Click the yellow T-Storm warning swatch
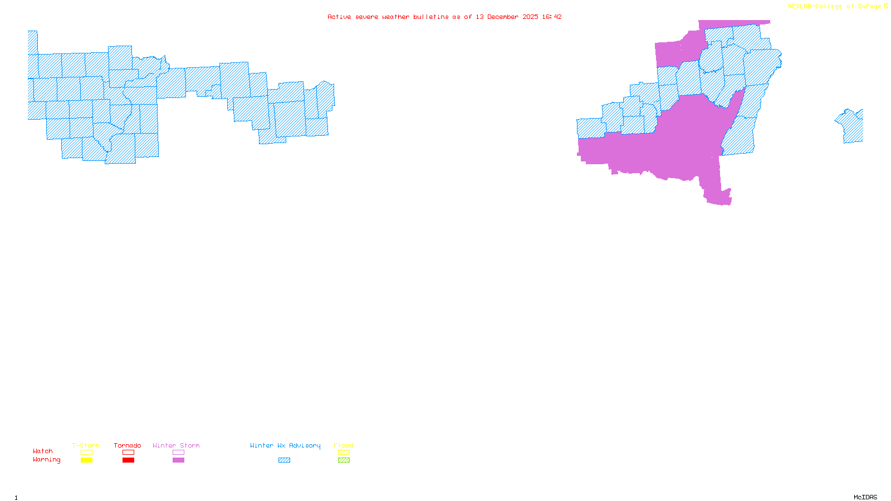[x=86, y=460]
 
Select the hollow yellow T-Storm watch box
[x=86, y=453]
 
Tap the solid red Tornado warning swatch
[x=128, y=460]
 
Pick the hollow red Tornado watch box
[x=128, y=453]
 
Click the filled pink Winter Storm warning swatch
[x=178, y=460]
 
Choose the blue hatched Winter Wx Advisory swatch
[x=284, y=460]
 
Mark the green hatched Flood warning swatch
[x=344, y=460]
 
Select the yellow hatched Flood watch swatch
[x=344, y=453]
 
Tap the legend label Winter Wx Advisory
[x=285, y=445]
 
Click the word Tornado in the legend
[x=128, y=445]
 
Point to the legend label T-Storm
[x=86, y=445]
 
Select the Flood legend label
[x=344, y=445]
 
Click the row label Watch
[x=43, y=451]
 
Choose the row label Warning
[x=47, y=460]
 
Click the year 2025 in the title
[x=530, y=17]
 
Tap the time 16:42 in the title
[x=552, y=17]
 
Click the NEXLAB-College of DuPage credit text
[x=835, y=7]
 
